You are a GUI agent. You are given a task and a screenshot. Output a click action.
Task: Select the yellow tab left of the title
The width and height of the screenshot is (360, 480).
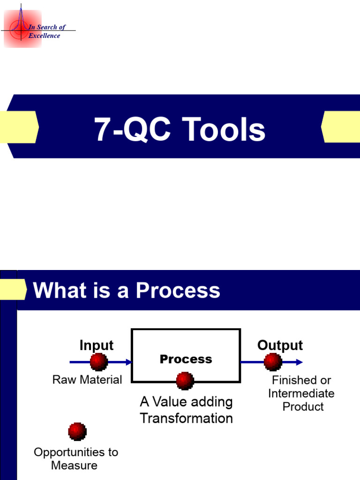pos(19,127)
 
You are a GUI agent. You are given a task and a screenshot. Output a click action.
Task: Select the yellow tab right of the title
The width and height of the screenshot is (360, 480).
pos(341,127)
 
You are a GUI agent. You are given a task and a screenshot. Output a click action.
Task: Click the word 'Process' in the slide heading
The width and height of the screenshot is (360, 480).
pos(178,290)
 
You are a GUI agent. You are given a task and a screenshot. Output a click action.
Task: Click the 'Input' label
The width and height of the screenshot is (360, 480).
pos(97,345)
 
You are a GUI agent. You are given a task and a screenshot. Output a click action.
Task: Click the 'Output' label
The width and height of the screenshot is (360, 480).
pos(280,345)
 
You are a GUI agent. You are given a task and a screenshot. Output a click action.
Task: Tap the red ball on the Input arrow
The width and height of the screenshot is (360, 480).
pos(98,362)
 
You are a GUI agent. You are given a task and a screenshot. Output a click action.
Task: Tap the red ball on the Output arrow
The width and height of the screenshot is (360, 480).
pos(273,362)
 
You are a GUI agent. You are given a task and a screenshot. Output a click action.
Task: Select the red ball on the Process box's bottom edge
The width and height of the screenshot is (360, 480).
pos(185,381)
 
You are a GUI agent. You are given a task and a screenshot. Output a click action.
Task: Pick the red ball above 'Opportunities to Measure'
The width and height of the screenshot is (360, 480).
pos(77,431)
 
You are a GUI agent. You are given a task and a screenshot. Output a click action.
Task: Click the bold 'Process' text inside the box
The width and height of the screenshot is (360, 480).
pos(186,359)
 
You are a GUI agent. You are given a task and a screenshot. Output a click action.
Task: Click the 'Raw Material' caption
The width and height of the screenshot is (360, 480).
pos(87,380)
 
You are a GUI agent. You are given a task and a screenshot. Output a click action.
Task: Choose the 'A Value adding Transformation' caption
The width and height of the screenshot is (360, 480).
pos(186,410)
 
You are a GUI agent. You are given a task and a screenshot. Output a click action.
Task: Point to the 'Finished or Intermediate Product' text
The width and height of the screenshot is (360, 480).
pos(301,393)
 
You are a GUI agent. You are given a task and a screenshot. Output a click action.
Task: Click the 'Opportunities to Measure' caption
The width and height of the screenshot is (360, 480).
pos(76,458)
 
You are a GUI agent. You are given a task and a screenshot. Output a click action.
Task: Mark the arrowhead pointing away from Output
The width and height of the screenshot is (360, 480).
pos(299,362)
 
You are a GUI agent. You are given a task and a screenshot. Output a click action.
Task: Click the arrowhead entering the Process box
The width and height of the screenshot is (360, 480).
pos(128,362)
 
